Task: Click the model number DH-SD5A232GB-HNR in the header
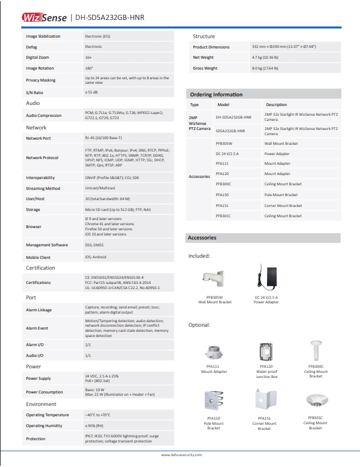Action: [110, 18]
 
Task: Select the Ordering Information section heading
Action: [216, 95]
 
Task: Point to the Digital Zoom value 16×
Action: [88, 58]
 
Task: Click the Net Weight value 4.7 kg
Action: [265, 58]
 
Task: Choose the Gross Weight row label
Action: [205, 68]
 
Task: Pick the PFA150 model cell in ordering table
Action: [223, 195]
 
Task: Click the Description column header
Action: [276, 105]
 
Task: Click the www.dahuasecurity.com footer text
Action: [180, 455]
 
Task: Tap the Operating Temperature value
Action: [98, 415]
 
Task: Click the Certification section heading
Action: [41, 268]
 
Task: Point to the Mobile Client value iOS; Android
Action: [95, 257]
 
